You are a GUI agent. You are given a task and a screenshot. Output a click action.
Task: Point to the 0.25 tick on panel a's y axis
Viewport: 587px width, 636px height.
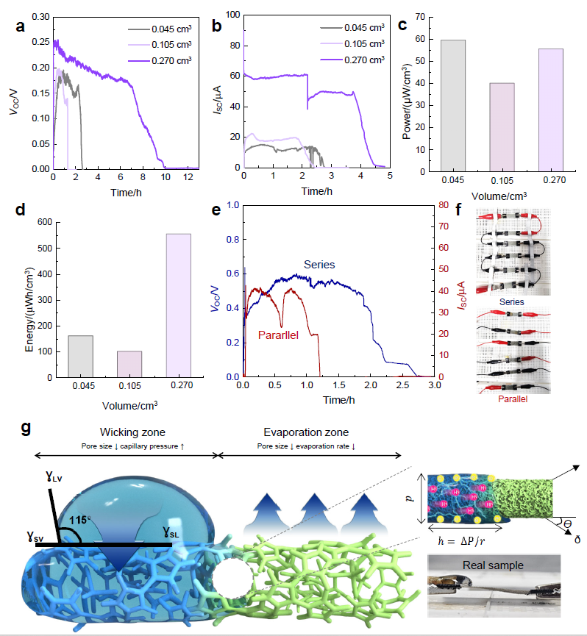click(x=42, y=42)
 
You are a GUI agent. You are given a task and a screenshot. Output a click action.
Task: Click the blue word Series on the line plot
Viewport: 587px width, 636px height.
click(x=319, y=265)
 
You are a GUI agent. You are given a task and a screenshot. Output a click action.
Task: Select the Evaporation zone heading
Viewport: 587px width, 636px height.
click(x=306, y=433)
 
